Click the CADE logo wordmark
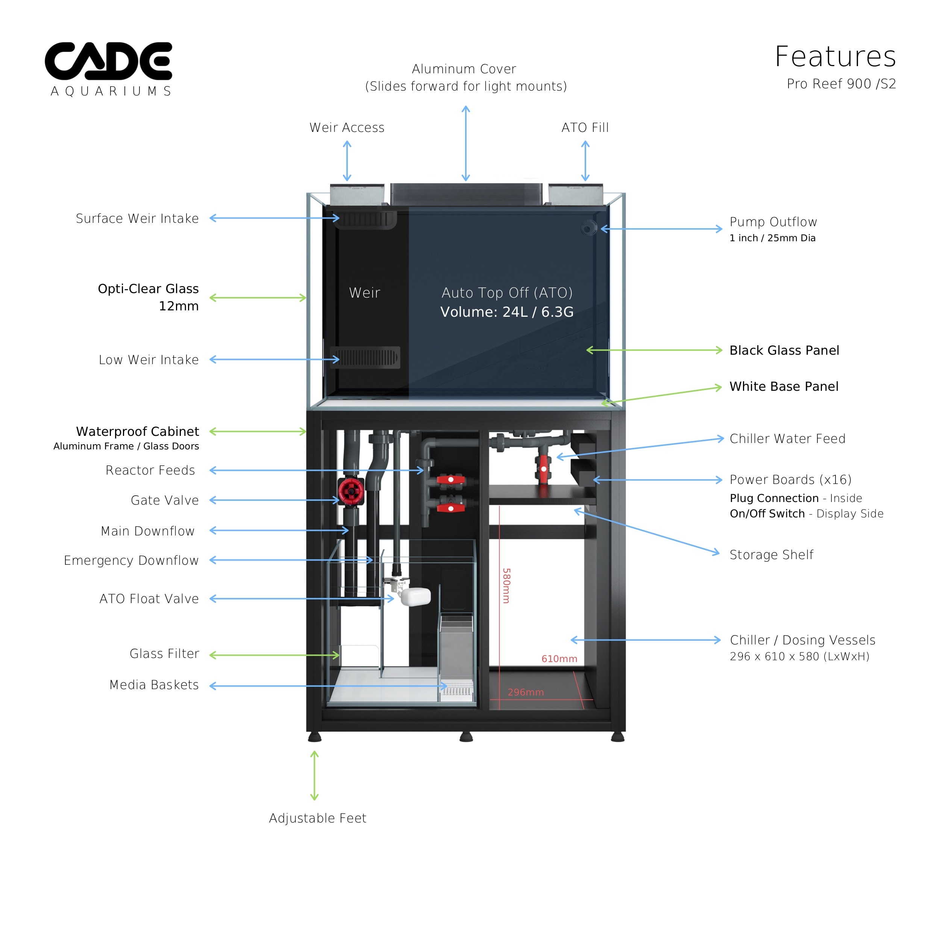click(x=108, y=61)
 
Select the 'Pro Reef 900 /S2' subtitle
click(x=841, y=84)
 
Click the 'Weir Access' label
click(x=347, y=127)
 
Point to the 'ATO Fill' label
click(x=585, y=127)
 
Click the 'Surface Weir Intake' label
click(x=137, y=218)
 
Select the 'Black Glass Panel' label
click(x=784, y=350)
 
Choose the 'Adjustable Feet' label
click(x=318, y=818)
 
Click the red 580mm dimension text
click(x=506, y=585)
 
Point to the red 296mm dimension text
click(x=526, y=692)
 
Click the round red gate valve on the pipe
click(x=351, y=491)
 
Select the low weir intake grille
click(x=365, y=357)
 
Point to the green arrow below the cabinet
click(x=314, y=775)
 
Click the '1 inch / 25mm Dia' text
click(x=772, y=238)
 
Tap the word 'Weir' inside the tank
click(x=364, y=292)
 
